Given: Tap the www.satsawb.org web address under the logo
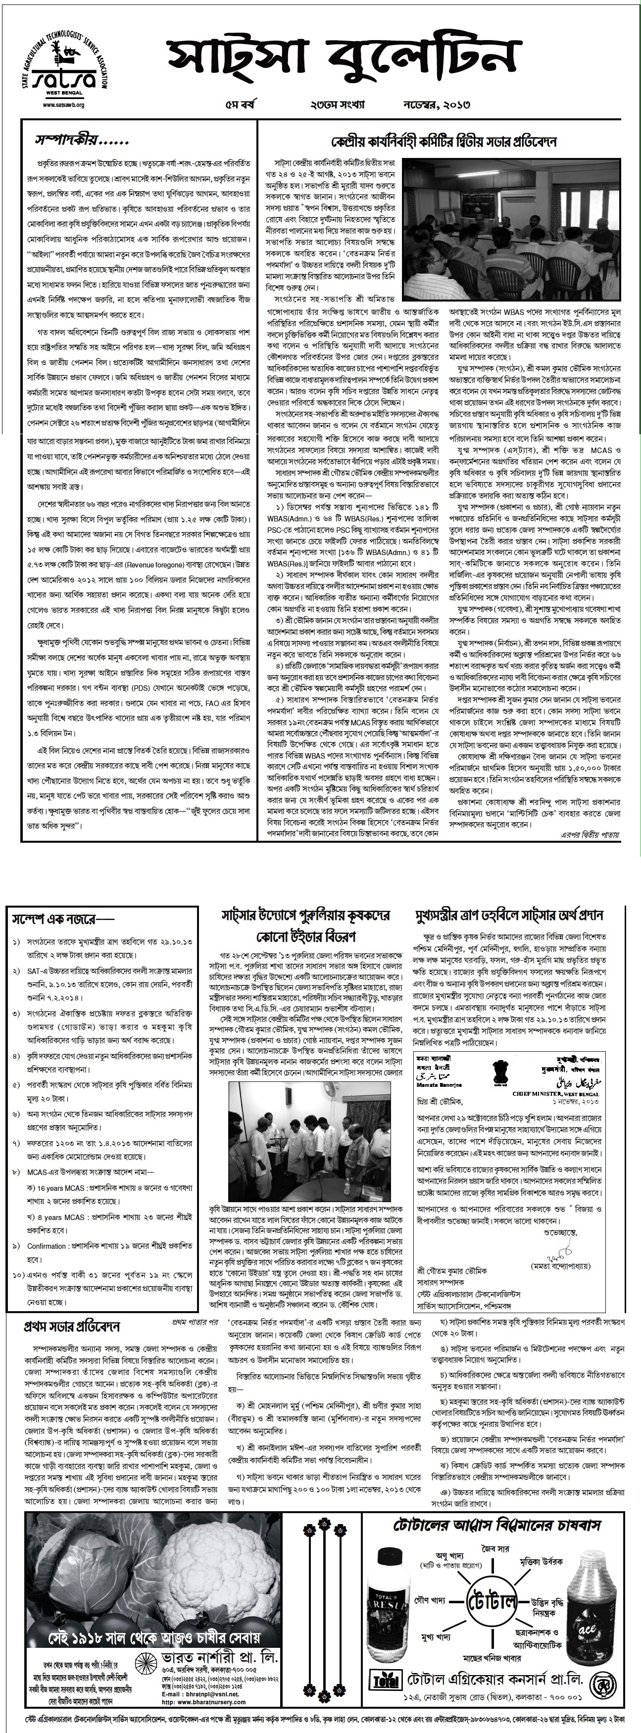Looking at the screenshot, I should (64, 105).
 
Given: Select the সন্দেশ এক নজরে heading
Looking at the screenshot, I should (62, 918).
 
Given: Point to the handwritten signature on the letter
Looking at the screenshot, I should (554, 1255).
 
